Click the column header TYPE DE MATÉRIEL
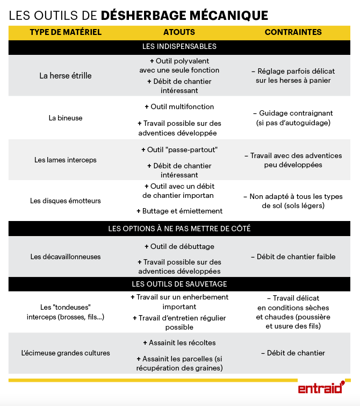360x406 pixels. [x=66, y=32]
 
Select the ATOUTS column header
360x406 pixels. [x=179, y=32]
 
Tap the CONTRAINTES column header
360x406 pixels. [x=293, y=32]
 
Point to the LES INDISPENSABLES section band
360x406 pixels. [x=179, y=47]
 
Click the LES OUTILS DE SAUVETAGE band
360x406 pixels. [x=179, y=283]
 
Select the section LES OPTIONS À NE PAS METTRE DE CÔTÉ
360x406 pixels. [x=179, y=229]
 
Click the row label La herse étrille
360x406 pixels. [x=66, y=76]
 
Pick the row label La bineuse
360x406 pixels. [x=66, y=118]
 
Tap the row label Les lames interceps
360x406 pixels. [x=66, y=160]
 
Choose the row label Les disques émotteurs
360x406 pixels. [x=66, y=201]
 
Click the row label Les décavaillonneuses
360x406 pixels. [x=66, y=257]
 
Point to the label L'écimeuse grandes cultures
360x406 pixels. [x=66, y=353]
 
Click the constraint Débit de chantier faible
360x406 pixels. [x=293, y=257]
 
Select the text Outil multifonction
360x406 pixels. [x=179, y=106]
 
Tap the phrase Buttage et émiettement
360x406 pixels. [x=179, y=211]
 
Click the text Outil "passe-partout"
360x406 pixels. [x=179, y=149]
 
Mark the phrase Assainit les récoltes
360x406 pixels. [x=179, y=343]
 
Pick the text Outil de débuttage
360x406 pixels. [x=179, y=246]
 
